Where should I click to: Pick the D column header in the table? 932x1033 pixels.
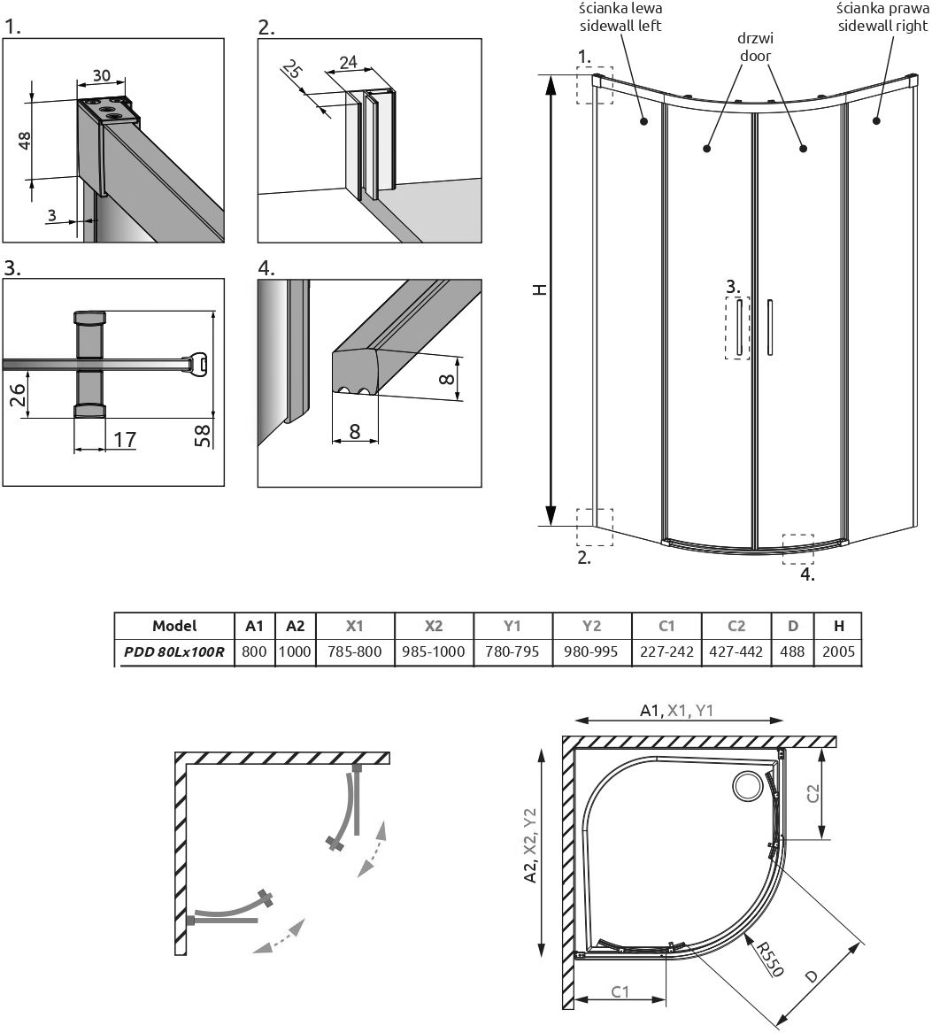pos(793,626)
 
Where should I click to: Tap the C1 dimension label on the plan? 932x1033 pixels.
pos(621,992)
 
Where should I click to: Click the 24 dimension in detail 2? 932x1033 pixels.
pos(349,62)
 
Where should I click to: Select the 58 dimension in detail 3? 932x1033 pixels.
pos(203,436)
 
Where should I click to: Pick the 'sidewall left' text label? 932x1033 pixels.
pos(620,26)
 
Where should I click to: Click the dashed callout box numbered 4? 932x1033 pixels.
pos(797,549)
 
